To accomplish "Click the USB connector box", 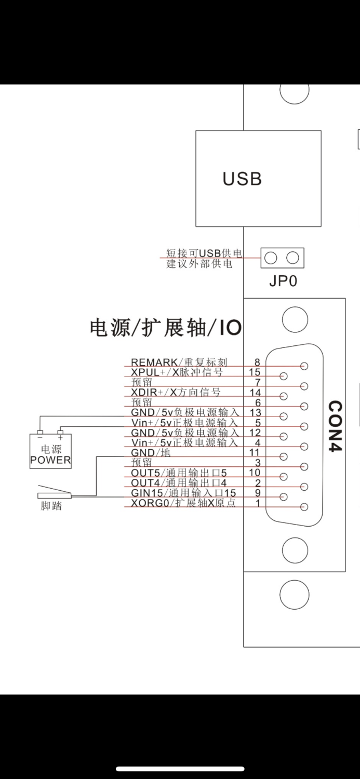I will click(258, 178).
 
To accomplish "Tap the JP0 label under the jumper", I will click(283, 281).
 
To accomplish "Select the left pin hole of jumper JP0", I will click(271, 257).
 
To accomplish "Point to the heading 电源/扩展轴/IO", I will click(166, 328).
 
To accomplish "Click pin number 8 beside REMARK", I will click(257, 362).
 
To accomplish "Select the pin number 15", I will click(255, 372).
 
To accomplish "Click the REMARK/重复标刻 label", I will click(179, 362).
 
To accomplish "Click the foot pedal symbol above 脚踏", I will click(54, 492).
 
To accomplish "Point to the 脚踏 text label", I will click(51, 506).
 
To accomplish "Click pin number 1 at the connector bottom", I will click(257, 503).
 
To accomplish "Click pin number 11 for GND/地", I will click(255, 453).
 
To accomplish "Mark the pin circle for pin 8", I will click(304, 366).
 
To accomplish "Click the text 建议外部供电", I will click(199, 264).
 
